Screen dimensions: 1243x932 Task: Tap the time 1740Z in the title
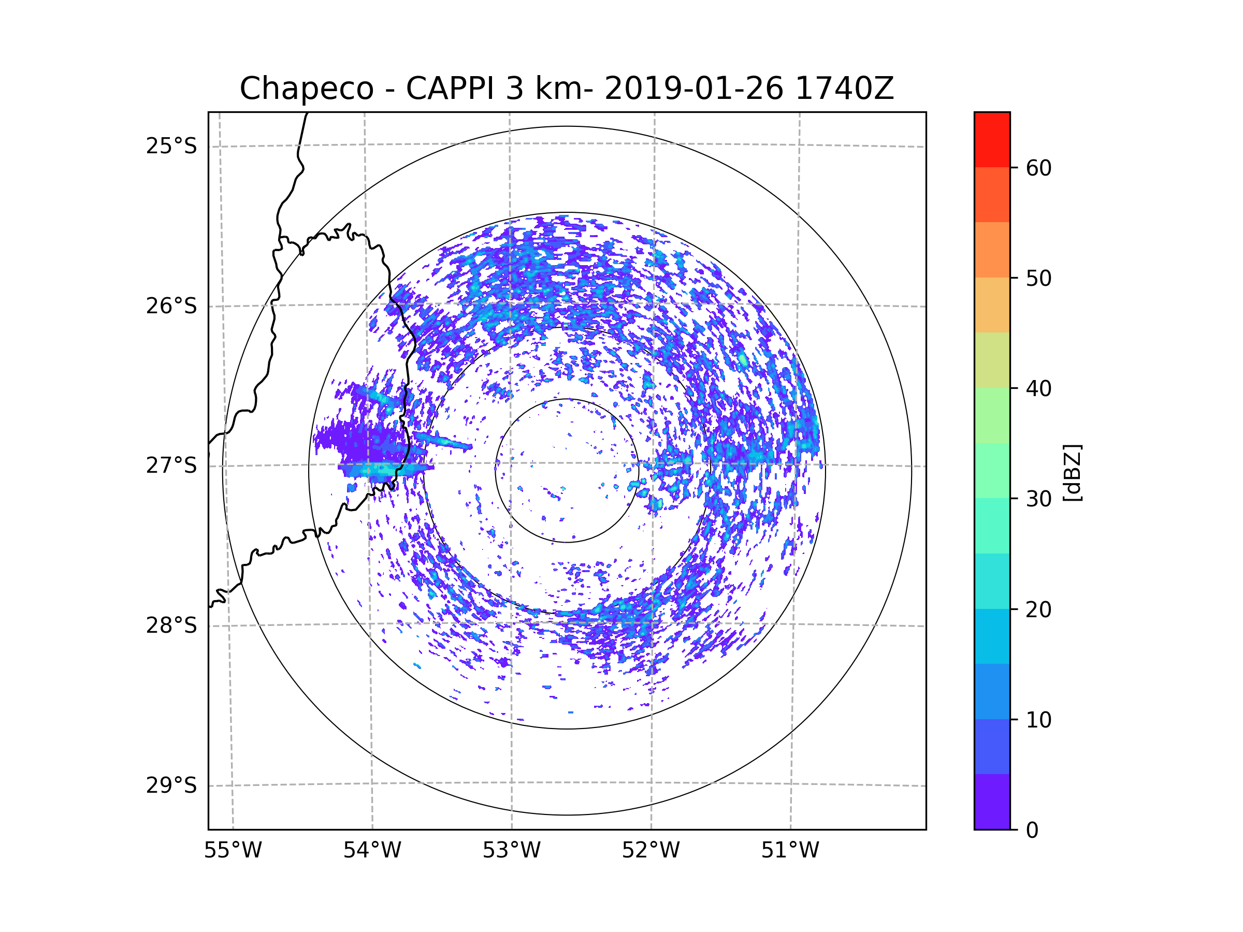coord(845,89)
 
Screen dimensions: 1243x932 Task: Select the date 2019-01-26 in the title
coord(694,89)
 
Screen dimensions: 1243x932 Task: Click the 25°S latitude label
coord(171,146)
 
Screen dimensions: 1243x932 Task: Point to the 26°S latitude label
coord(171,306)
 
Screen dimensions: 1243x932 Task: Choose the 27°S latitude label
coord(171,465)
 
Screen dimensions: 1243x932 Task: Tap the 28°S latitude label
coord(171,625)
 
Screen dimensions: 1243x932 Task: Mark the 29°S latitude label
coord(171,785)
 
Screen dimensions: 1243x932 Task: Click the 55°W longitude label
coord(233,851)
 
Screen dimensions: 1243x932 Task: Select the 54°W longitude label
coord(372,851)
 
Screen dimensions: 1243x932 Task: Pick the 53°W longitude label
coord(511,851)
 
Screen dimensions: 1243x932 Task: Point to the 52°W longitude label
coord(651,851)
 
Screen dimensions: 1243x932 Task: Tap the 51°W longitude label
coord(790,851)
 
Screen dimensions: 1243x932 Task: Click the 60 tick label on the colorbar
coord(1038,168)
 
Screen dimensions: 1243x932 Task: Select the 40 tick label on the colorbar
coord(1038,389)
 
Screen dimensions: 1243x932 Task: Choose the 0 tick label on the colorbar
coord(1032,831)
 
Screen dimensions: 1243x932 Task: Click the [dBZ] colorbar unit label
coord(1073,472)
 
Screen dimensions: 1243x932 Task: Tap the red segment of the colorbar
coord(992,140)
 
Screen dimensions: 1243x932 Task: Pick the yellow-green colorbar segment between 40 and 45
coord(992,360)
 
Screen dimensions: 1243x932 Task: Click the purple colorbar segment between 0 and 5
coord(992,802)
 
